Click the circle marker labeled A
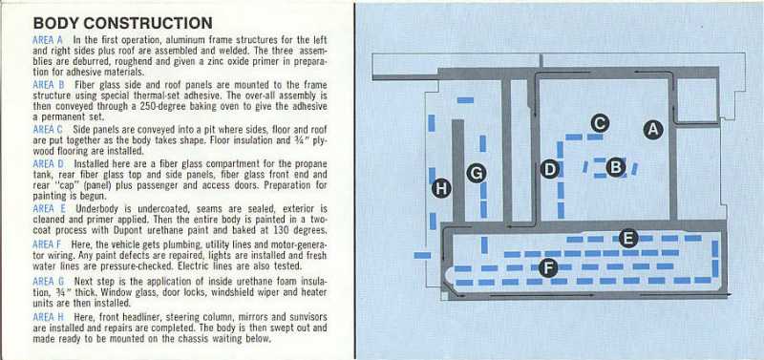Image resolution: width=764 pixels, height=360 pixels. click(x=653, y=128)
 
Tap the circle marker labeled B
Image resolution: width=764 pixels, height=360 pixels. click(x=616, y=167)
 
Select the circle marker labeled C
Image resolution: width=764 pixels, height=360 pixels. click(x=600, y=122)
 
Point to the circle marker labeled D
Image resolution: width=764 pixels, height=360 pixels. click(x=549, y=169)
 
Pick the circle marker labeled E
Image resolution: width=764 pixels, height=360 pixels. click(x=627, y=239)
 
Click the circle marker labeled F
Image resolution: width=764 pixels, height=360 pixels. click(x=548, y=268)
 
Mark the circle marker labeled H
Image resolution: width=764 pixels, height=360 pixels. click(x=440, y=188)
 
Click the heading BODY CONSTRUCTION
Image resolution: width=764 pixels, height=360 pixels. click(x=122, y=22)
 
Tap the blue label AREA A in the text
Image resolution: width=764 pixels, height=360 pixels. click(x=49, y=39)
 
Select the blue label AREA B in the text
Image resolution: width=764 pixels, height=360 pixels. click(x=49, y=84)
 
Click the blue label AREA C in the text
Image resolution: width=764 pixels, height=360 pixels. click(x=49, y=128)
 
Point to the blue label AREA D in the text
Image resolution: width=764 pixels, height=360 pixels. click(x=49, y=163)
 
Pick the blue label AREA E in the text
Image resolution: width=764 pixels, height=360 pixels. click(x=49, y=207)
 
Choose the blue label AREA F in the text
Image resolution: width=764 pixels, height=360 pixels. click(x=49, y=244)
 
